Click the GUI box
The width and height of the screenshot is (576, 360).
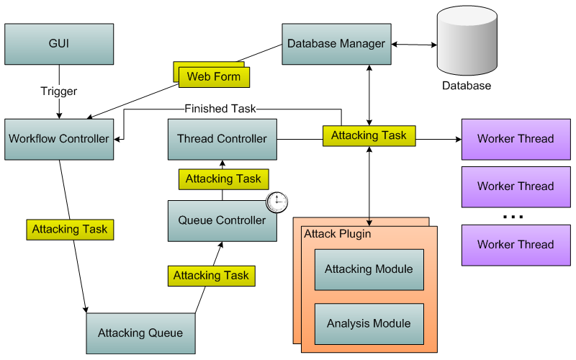(x=59, y=43)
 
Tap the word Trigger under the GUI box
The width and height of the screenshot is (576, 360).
(x=59, y=91)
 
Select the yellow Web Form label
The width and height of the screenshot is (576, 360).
(x=214, y=76)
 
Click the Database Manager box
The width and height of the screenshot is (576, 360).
(x=336, y=44)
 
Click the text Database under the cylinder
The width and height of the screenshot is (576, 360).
(x=467, y=86)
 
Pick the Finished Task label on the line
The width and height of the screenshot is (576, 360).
(x=220, y=109)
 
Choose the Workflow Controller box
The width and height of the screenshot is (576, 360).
(x=59, y=139)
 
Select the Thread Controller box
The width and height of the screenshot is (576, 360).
(x=222, y=139)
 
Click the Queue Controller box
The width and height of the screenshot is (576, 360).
(x=222, y=220)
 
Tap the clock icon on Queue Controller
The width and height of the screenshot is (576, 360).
(x=277, y=202)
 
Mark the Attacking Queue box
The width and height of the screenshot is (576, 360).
(x=140, y=333)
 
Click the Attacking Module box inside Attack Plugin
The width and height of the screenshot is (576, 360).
(x=369, y=269)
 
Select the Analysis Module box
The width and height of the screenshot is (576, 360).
(x=369, y=323)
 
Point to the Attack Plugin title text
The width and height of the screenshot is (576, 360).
(x=333, y=235)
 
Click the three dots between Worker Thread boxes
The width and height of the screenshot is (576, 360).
(x=513, y=216)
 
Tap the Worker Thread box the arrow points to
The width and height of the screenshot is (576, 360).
(x=516, y=138)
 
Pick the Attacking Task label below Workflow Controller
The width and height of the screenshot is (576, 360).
(x=70, y=229)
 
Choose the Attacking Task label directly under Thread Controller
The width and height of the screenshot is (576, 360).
(x=223, y=179)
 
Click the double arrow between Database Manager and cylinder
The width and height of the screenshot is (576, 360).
(x=414, y=45)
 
